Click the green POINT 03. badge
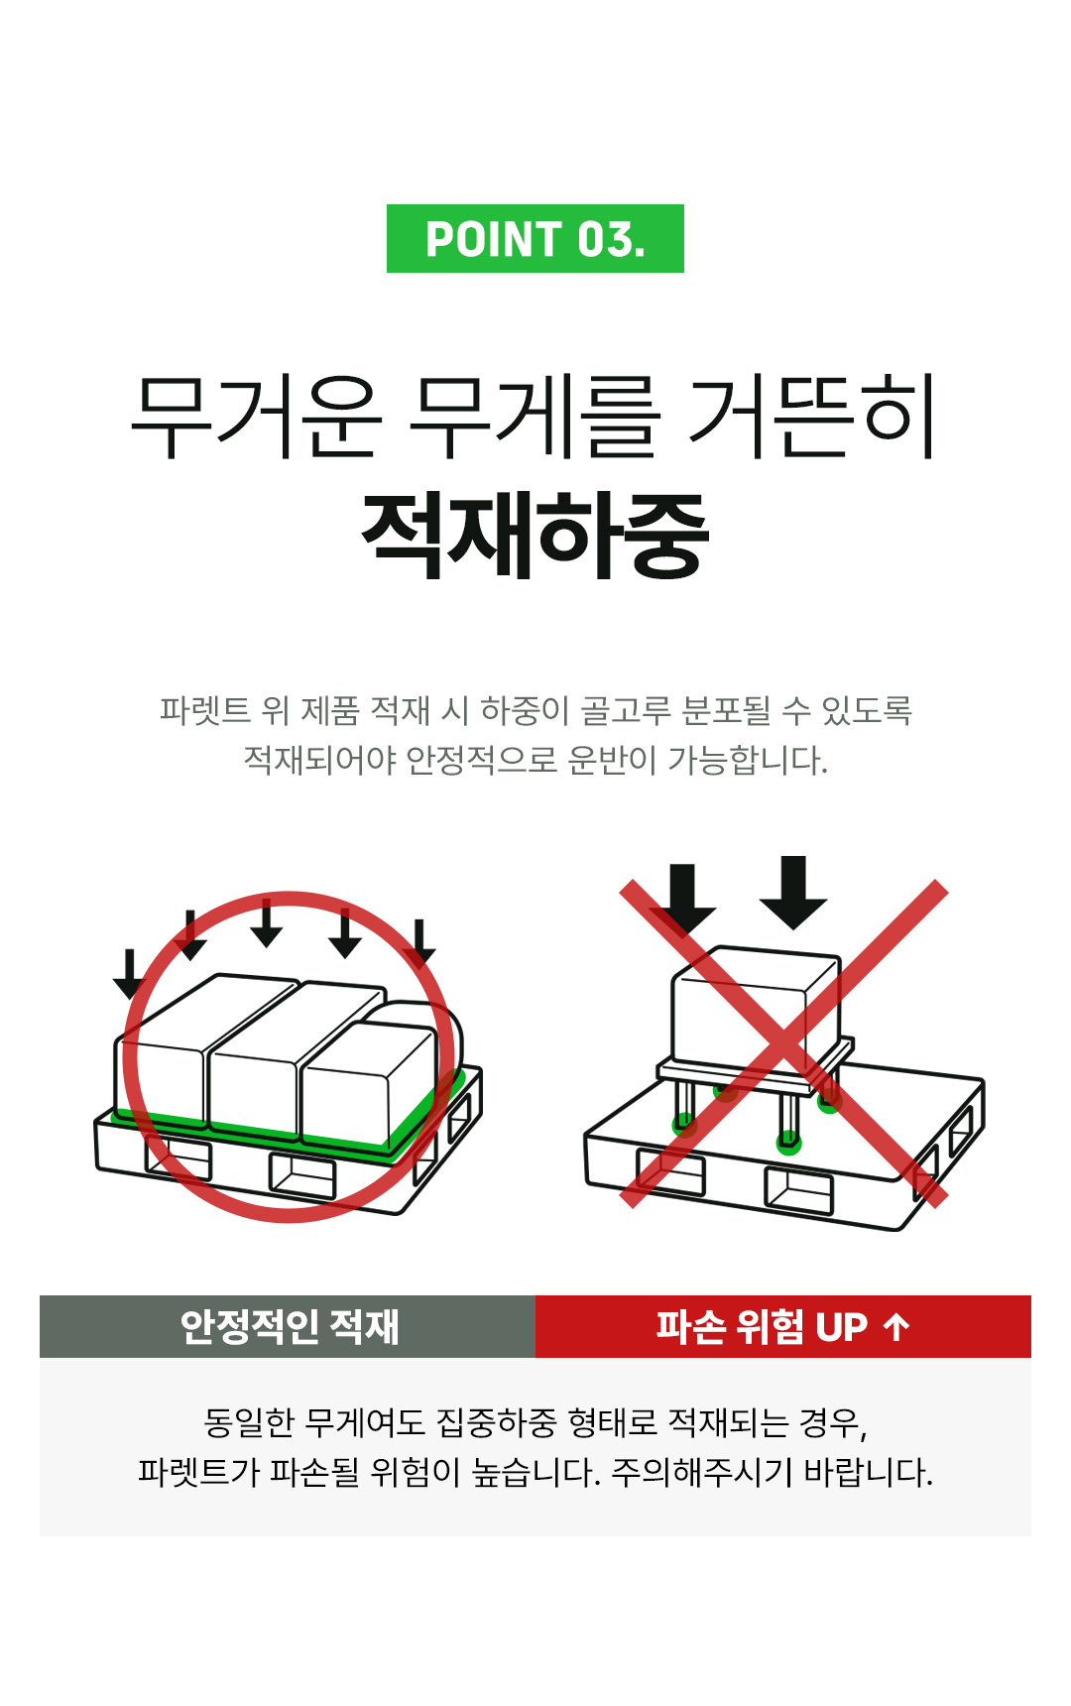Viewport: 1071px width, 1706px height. [535, 239]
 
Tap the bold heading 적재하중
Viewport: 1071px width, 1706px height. [535, 536]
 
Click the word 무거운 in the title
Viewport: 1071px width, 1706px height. [256, 418]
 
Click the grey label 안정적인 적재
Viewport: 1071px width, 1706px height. [288, 1326]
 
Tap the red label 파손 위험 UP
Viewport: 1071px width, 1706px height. [762, 1326]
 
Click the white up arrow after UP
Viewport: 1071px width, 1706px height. [896, 1326]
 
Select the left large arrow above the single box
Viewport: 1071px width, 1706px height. [682, 899]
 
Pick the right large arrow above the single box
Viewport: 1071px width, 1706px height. [793, 892]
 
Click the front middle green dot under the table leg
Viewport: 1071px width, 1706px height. [788, 1143]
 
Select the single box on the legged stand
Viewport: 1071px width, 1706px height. [754, 1012]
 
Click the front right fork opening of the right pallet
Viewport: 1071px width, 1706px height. [798, 1191]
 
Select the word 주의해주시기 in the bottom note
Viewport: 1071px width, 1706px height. [701, 1472]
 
